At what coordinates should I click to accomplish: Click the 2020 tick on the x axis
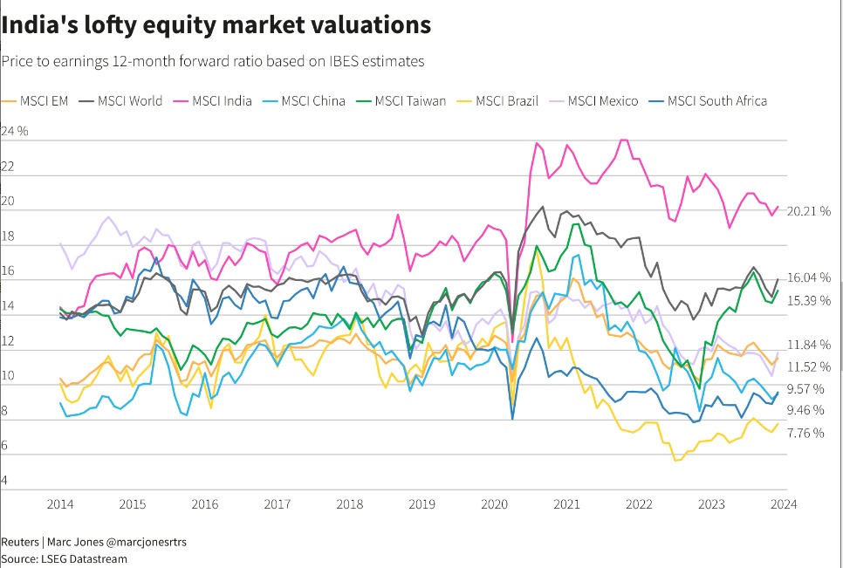pos(495,503)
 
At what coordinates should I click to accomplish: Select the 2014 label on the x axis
pos(60,503)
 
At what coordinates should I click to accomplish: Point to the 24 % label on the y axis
pos(16,131)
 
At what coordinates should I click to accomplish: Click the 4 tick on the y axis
pos(5,481)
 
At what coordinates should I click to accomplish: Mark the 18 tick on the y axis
pos(9,236)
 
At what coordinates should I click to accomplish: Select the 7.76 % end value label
pos(805,433)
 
